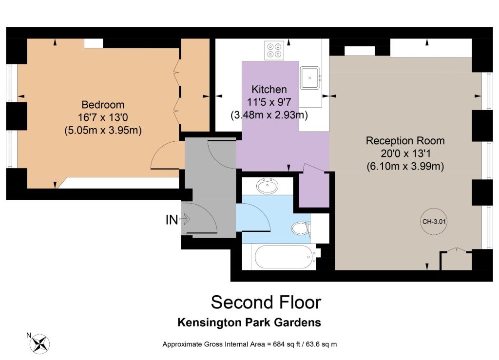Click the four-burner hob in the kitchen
274,50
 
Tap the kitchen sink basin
309,77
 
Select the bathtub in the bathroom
282,257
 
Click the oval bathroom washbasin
268,186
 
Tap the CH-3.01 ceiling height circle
434,222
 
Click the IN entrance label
172,220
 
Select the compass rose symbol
39,343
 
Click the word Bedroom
103,105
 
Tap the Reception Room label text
405,141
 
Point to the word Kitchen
269,89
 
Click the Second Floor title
266,302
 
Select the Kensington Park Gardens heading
249,322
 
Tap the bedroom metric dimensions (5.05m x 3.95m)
103,131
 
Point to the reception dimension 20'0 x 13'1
405,153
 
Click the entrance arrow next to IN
185,219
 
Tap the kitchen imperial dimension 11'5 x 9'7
269,102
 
